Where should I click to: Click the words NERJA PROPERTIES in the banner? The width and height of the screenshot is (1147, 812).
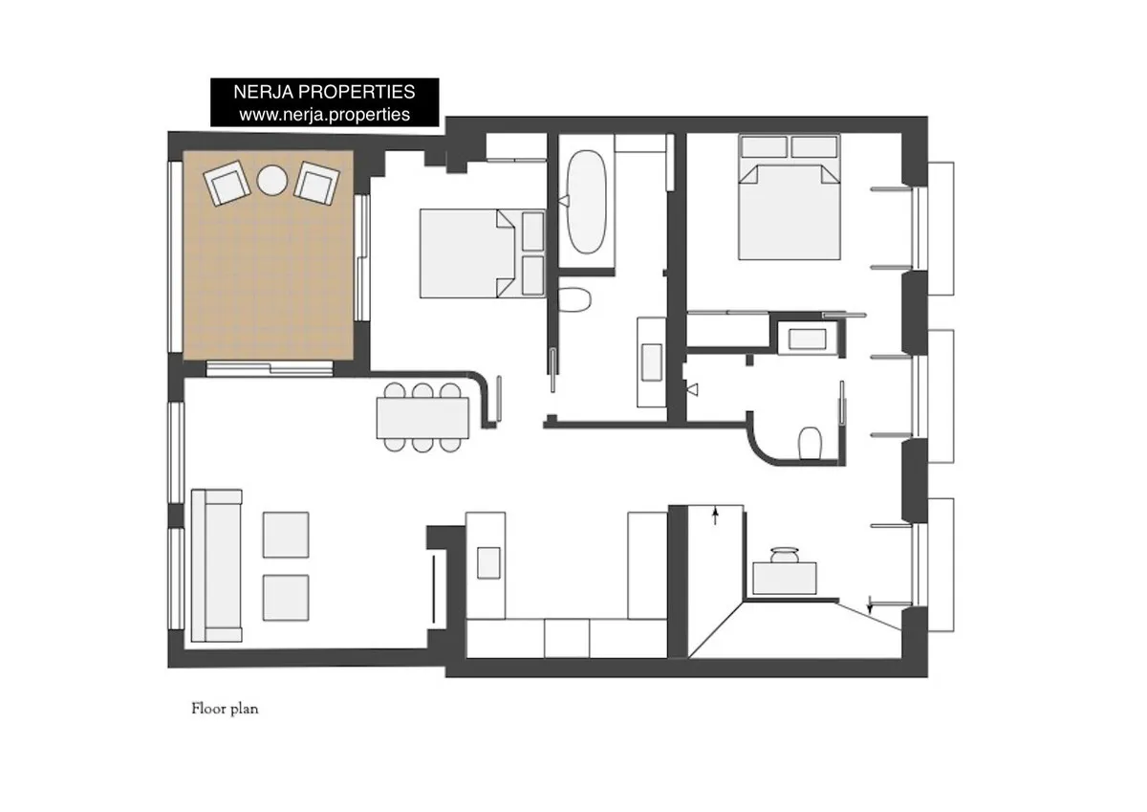(x=324, y=92)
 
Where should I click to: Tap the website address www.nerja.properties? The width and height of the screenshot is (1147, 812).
(x=325, y=114)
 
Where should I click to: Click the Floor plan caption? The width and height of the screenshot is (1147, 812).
(x=225, y=709)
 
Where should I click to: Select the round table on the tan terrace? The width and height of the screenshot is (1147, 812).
(x=271, y=181)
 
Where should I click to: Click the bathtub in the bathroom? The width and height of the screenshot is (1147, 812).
(x=587, y=202)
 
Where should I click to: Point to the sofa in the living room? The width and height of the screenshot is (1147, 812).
(x=217, y=565)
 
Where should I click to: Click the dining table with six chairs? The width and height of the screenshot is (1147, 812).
(x=422, y=418)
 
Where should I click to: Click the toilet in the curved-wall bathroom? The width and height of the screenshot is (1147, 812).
(x=811, y=444)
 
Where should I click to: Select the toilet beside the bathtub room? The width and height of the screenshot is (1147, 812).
(x=574, y=299)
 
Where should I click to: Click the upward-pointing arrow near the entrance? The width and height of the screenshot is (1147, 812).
(x=715, y=516)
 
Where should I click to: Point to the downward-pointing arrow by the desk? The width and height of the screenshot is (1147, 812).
(x=870, y=605)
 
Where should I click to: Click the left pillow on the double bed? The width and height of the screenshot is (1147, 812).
(x=764, y=147)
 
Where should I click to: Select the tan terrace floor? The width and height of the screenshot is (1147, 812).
(x=269, y=255)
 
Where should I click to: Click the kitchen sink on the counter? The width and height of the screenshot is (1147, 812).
(x=488, y=563)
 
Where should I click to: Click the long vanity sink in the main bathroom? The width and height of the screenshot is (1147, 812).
(x=651, y=362)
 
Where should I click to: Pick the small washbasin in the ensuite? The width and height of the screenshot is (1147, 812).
(x=807, y=340)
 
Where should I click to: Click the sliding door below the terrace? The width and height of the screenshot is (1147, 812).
(x=270, y=369)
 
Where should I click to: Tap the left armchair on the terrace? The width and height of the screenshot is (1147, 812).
(x=227, y=183)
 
